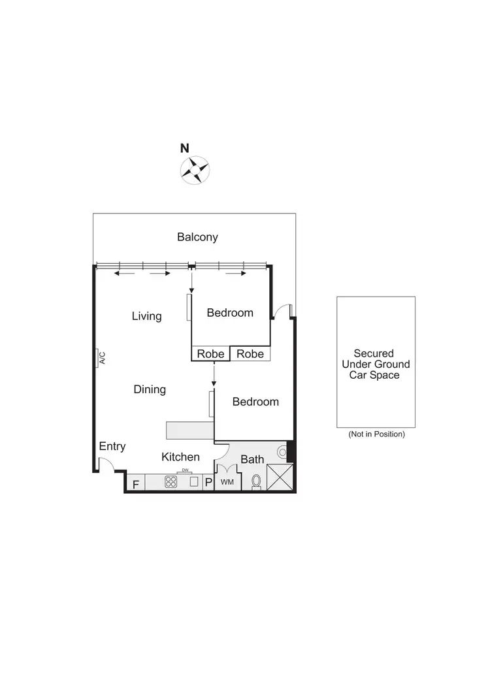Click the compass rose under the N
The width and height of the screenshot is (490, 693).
pyautogui.click(x=194, y=170)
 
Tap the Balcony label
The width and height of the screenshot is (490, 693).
pyautogui.click(x=197, y=237)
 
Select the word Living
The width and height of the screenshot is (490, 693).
pyautogui.click(x=146, y=316)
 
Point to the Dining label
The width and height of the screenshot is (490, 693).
pyautogui.click(x=150, y=389)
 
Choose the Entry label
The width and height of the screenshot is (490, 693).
pyautogui.click(x=112, y=447)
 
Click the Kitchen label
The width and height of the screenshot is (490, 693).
pyautogui.click(x=180, y=457)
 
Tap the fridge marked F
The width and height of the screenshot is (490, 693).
pyautogui.click(x=136, y=484)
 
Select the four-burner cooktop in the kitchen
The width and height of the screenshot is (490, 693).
pyautogui.click(x=171, y=482)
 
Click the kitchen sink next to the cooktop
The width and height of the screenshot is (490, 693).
pyautogui.click(x=193, y=482)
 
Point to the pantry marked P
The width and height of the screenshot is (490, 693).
pyautogui.click(x=208, y=483)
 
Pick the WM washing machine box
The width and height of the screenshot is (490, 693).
pyautogui.click(x=227, y=482)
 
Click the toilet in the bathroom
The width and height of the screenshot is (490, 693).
pyautogui.click(x=256, y=481)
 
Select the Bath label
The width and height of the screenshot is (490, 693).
pyautogui.click(x=252, y=460)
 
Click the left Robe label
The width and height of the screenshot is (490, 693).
pyautogui.click(x=211, y=354)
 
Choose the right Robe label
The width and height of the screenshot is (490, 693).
pyautogui.click(x=250, y=354)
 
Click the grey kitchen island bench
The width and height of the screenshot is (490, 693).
pyautogui.click(x=190, y=430)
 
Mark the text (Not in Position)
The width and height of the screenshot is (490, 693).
pyautogui.click(x=376, y=434)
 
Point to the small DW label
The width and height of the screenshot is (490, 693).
pyautogui.click(x=186, y=471)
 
